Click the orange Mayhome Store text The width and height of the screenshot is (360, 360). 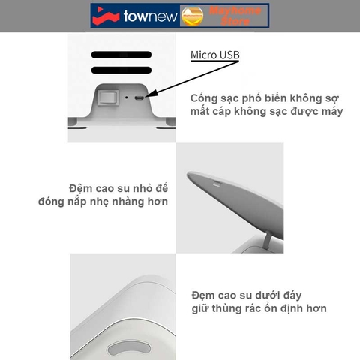point(234,15)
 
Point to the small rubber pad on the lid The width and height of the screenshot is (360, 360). point(216,184)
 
